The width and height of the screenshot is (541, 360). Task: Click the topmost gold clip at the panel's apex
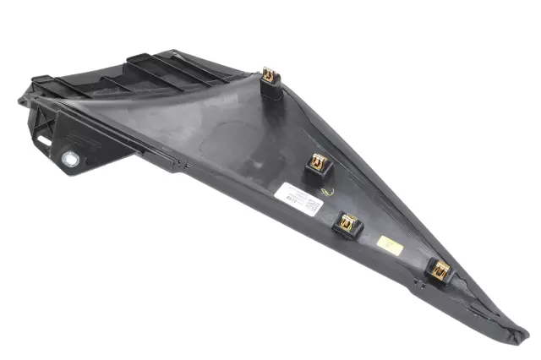(x=270, y=74)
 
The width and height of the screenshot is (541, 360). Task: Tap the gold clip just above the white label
(x=319, y=161)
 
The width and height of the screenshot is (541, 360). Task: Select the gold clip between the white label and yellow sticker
(x=347, y=221)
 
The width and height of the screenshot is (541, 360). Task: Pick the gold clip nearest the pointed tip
(x=440, y=269)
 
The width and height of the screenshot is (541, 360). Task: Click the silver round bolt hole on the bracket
(x=70, y=159)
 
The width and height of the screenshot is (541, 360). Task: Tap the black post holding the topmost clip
(x=271, y=89)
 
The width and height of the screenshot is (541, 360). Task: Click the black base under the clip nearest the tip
(x=441, y=279)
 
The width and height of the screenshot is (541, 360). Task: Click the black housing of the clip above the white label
(x=322, y=172)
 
